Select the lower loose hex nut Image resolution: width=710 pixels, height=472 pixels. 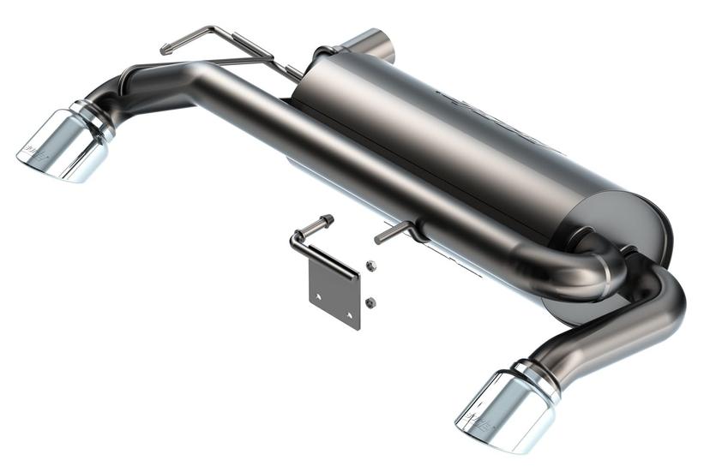coord(369,302)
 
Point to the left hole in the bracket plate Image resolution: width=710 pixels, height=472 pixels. coord(317,296)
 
